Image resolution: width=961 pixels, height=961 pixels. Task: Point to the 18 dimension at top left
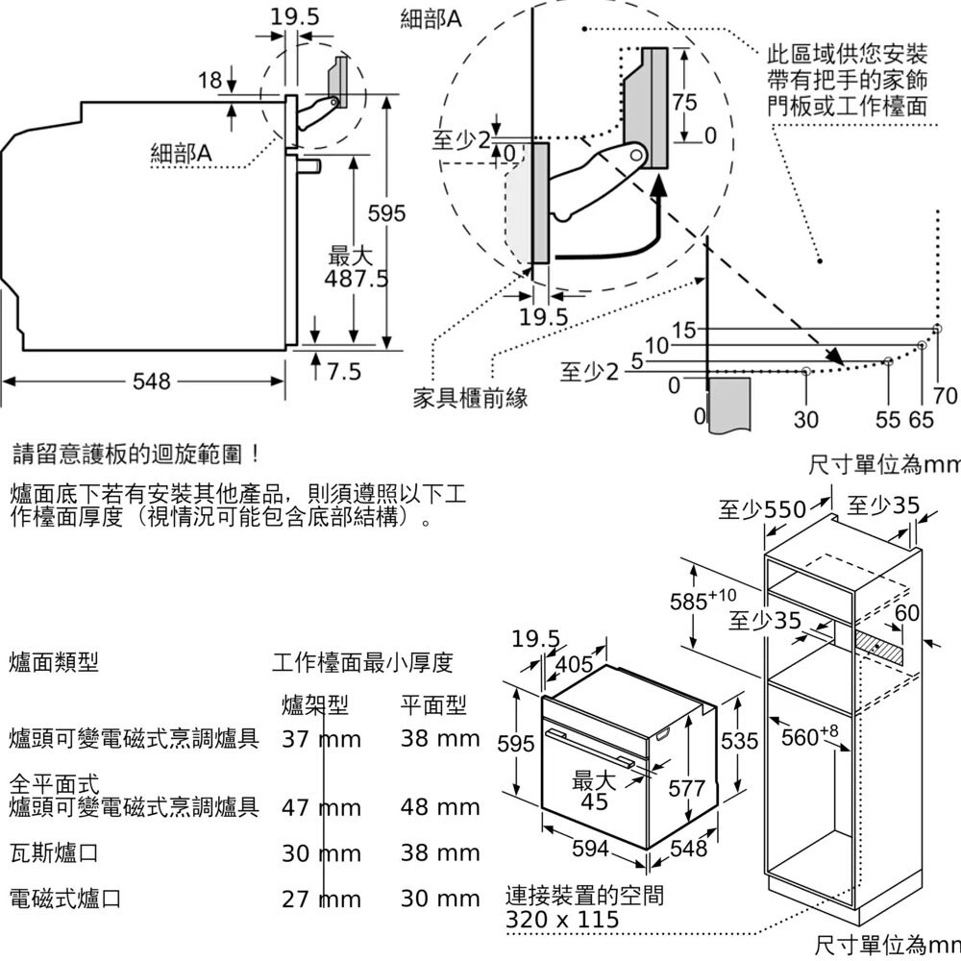(x=209, y=81)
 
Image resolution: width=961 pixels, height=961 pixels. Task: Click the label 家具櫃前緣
(x=470, y=397)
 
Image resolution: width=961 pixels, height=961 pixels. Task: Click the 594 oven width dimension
(x=590, y=849)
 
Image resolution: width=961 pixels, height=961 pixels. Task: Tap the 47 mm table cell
(x=321, y=807)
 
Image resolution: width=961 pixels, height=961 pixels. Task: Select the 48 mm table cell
(x=440, y=807)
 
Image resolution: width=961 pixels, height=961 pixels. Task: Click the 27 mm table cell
(x=321, y=899)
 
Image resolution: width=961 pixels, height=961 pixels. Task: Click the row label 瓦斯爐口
(x=53, y=853)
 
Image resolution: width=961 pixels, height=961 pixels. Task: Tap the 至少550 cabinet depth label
(x=764, y=509)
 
